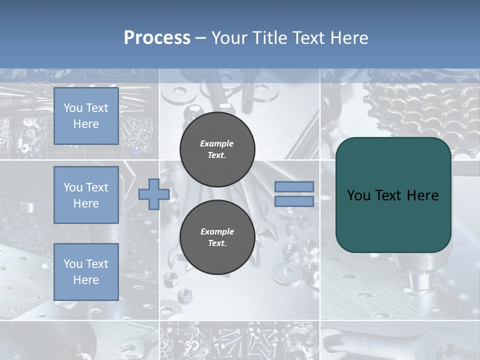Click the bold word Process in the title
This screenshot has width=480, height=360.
157,38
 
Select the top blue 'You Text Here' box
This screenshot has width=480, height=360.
86,116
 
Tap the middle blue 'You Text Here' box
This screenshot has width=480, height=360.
86,195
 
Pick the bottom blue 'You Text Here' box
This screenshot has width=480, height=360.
86,271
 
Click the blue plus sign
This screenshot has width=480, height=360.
154,194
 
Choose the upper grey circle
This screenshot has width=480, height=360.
217,149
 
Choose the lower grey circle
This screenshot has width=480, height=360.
217,237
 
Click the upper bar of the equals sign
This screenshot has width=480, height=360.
294,187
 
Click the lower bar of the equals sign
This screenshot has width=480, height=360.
294,201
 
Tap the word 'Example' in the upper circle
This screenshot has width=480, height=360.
217,143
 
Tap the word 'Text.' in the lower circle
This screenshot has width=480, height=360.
217,243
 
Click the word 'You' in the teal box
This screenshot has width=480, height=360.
358,195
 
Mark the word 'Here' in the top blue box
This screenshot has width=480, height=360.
86,124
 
